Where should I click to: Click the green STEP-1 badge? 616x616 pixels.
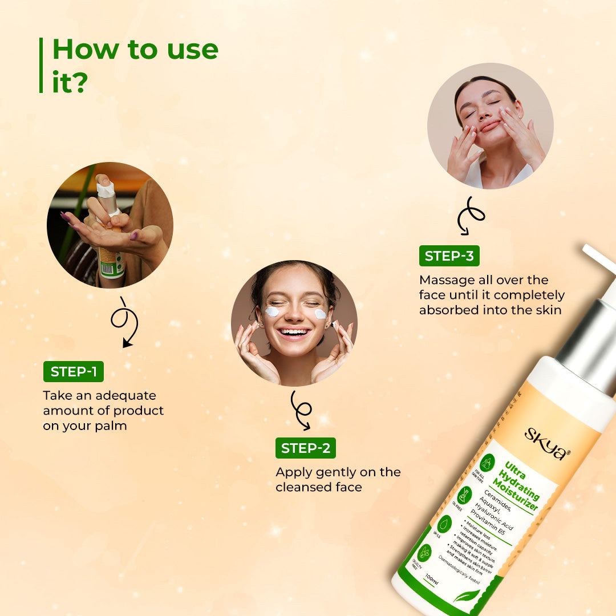click(x=74, y=372)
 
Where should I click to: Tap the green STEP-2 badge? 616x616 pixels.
click(x=305, y=448)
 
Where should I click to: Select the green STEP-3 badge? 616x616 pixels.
click(x=449, y=256)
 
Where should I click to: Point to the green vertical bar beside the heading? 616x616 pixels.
click(x=41, y=65)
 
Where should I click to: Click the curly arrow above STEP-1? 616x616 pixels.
click(x=124, y=322)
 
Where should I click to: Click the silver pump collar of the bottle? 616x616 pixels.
click(x=587, y=342)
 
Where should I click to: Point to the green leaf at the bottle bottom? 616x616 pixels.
click(x=467, y=595)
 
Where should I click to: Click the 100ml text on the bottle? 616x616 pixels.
click(x=432, y=581)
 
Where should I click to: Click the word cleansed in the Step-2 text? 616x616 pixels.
click(x=302, y=487)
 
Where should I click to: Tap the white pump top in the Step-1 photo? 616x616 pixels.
click(x=104, y=184)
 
